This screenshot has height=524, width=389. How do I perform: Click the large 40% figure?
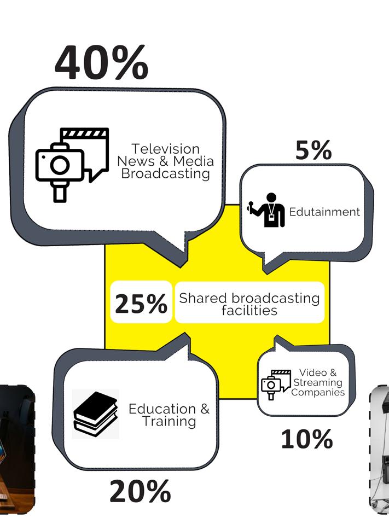click(101, 63)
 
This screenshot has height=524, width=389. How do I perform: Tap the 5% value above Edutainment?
click(313, 150)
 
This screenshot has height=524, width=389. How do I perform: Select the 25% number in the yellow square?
click(141, 304)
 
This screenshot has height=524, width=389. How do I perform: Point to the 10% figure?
click(306, 439)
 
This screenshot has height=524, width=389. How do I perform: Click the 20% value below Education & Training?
click(140, 491)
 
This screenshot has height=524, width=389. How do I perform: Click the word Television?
click(165, 149)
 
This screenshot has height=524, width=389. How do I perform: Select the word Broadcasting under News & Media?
click(165, 174)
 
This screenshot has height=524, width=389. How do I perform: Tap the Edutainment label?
click(324, 212)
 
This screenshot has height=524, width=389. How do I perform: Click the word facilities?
click(249, 311)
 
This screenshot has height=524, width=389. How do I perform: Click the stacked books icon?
click(95, 414)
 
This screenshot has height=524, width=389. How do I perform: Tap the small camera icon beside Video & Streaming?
click(271, 385)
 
